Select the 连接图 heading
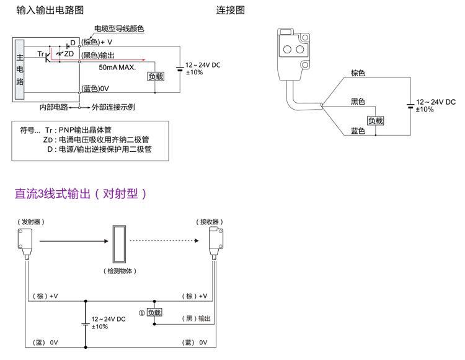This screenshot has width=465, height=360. pyautogui.click(x=231, y=11)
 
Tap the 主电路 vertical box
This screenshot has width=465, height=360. pyautogui.click(x=19, y=70)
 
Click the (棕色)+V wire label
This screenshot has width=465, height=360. pyautogui.click(x=97, y=42)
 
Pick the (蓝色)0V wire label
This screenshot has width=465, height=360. pyautogui.click(x=95, y=89)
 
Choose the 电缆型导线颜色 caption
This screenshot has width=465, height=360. pyautogui.click(x=118, y=29)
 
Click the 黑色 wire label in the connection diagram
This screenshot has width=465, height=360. pyautogui.click(x=358, y=101)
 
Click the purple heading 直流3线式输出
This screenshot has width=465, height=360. pyautogui.click(x=81, y=193)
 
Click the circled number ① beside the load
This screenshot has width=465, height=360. pyautogui.click(x=142, y=313)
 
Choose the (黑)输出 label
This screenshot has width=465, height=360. pyautogui.click(x=198, y=318)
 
